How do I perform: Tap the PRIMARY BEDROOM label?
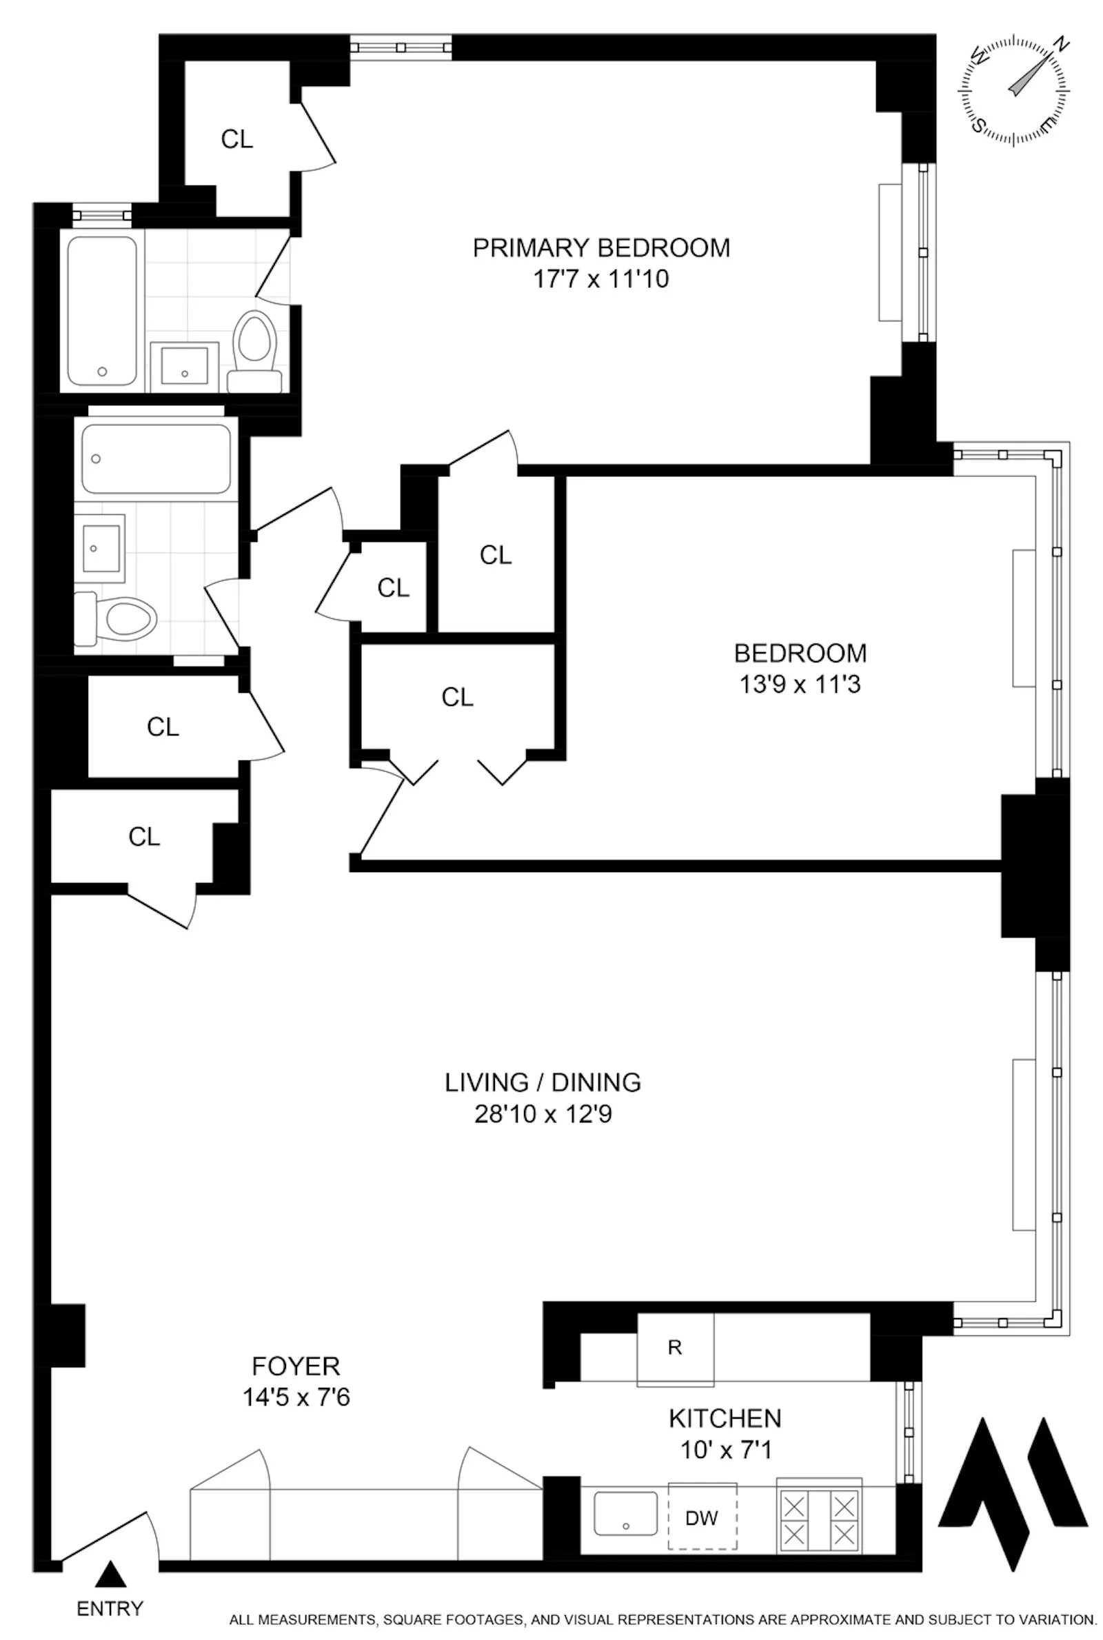(600, 247)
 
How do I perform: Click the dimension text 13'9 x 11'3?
(800, 685)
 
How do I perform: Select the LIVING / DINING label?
(543, 1082)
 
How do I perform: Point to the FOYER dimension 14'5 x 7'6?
(296, 1397)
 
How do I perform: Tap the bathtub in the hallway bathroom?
(156, 458)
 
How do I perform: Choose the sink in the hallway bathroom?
(100, 548)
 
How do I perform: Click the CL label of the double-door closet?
(457, 697)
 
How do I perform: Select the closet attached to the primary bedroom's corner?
(237, 139)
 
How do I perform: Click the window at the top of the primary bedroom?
(401, 47)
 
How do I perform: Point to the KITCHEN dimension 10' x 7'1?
(725, 1450)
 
